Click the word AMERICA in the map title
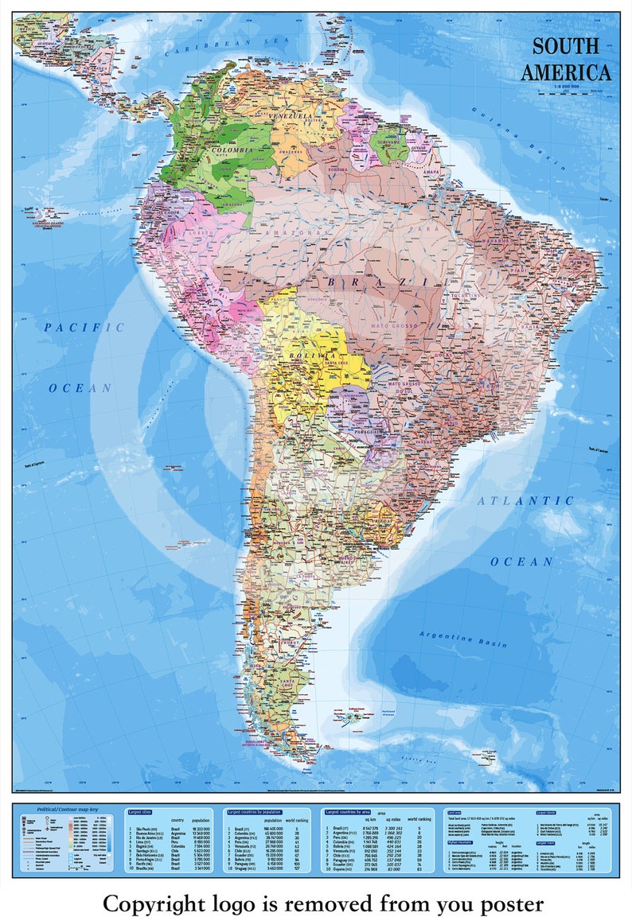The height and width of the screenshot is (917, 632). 566,72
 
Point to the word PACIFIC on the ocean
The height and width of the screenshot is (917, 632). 84,327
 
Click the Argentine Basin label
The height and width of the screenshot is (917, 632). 464,638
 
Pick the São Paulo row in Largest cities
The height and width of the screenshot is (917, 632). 146,829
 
